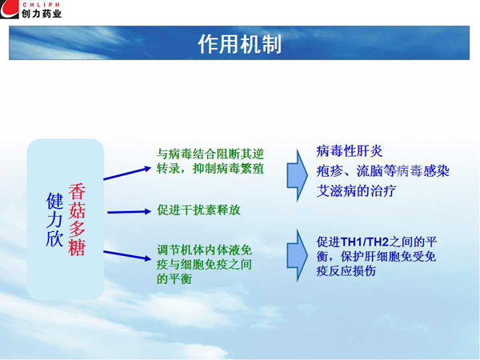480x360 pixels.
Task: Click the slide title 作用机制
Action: tap(239, 44)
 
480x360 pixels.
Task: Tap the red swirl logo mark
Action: tap(9, 10)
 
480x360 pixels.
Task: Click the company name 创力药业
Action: tap(42, 14)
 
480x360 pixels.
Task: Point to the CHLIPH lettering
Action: tap(42, 5)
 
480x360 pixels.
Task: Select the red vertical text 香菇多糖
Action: tap(77, 219)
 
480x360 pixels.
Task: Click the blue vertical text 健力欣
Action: tap(54, 219)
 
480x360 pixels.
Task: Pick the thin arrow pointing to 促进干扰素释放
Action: tap(129, 211)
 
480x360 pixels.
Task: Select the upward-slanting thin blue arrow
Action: tap(127, 174)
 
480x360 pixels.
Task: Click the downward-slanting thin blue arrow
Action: tap(127, 255)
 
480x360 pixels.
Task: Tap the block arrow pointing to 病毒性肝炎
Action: tap(298, 175)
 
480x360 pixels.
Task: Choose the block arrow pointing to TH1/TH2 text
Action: tap(298, 256)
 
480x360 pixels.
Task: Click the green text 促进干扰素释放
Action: tap(198, 210)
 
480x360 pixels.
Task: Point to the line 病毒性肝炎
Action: tap(350, 151)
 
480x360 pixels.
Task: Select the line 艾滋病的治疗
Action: tap(356, 191)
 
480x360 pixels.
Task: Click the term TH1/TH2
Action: tap(364, 242)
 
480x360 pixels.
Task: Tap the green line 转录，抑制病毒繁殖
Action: tap(210, 169)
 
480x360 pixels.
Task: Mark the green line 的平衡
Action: tap(174, 278)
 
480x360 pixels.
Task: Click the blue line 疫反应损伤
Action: tap(346, 271)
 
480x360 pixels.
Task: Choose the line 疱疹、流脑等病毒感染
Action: tap(382, 171)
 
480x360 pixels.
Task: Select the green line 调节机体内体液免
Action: tap(204, 250)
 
